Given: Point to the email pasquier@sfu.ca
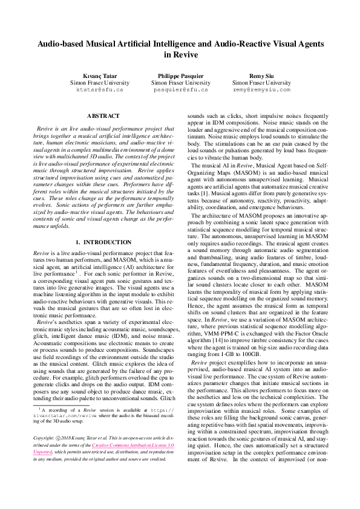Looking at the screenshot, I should coord(180,89).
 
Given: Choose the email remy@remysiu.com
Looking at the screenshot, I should coord(261,89).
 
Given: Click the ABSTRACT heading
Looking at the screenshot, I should coord(103,115).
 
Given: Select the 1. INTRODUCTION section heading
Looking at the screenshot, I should coord(103,242).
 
